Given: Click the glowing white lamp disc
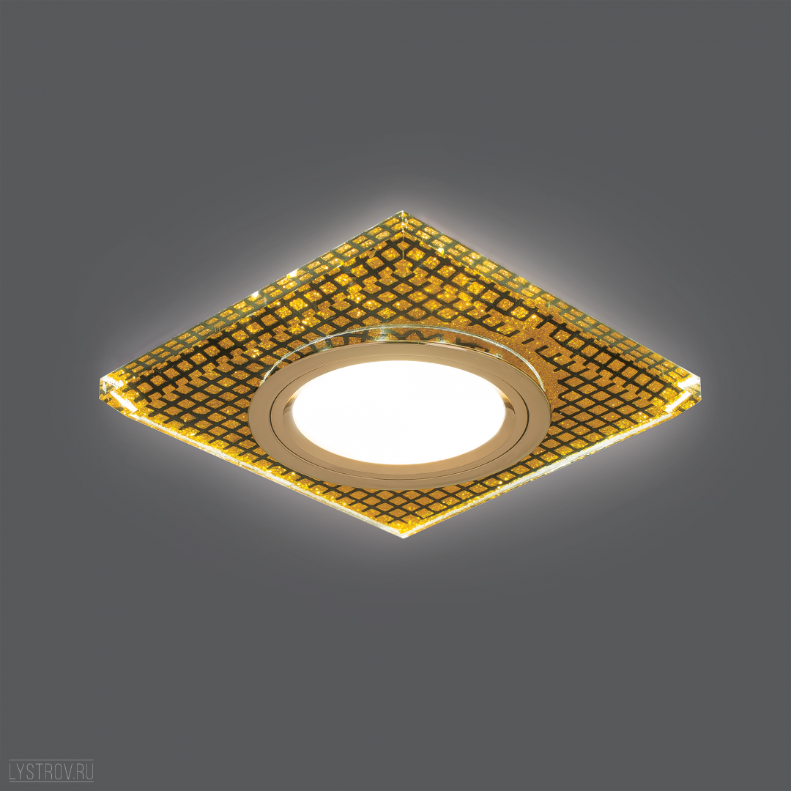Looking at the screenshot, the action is tap(398, 412).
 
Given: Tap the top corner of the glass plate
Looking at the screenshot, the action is tap(402, 212).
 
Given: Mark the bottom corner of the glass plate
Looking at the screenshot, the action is tap(404, 537).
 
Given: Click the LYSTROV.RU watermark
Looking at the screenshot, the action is tap(51, 770).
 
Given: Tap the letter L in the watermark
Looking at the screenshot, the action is tap(13, 771).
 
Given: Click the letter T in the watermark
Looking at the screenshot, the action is tap(40, 771).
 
